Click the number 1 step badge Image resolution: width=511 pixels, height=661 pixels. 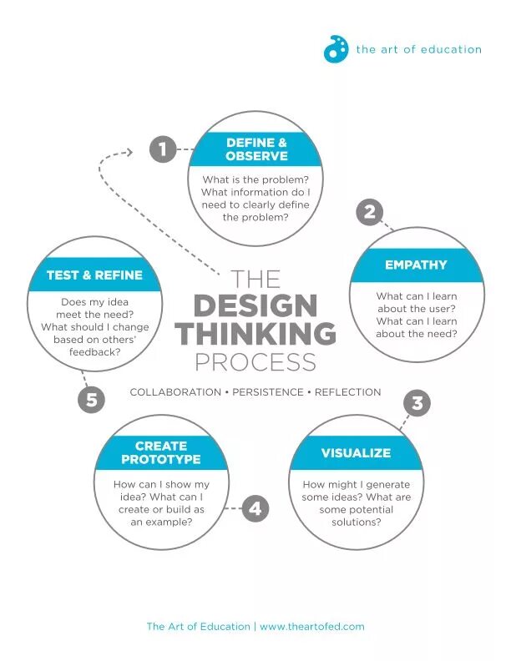click(x=163, y=149)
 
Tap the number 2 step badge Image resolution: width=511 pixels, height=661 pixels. click(x=369, y=212)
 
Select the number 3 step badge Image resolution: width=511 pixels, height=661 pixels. click(x=417, y=404)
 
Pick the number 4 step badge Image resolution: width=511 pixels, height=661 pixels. click(x=255, y=508)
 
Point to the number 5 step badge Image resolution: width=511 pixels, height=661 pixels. click(x=92, y=400)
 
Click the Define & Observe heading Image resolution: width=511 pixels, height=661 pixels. click(x=256, y=149)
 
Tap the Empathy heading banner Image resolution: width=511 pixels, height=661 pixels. click(x=416, y=265)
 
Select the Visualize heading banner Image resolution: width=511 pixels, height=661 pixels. click(x=356, y=453)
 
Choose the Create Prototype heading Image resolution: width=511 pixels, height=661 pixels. click(x=161, y=453)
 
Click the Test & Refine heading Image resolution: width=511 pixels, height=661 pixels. click(x=94, y=275)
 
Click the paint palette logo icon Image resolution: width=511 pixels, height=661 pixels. click(x=336, y=49)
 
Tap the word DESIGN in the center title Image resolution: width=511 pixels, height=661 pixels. click(x=255, y=305)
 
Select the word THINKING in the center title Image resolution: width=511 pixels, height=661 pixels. click(x=255, y=334)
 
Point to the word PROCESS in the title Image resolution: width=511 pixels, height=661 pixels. click(x=255, y=362)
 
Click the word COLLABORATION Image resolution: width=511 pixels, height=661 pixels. click(x=175, y=392)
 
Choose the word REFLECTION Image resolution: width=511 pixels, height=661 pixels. click(x=347, y=392)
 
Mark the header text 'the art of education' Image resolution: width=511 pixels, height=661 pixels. click(x=418, y=49)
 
